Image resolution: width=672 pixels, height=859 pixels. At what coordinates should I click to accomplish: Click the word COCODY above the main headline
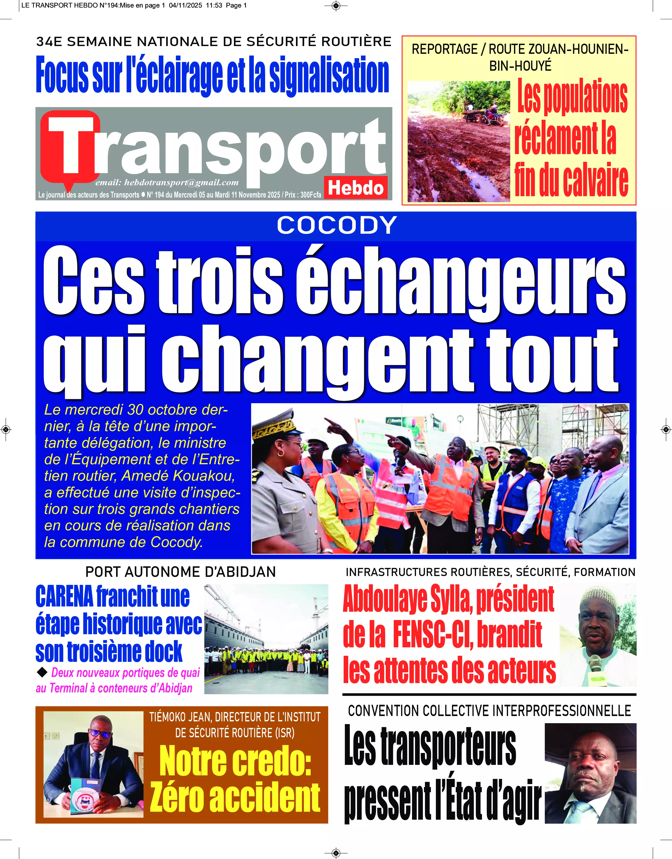[336, 225]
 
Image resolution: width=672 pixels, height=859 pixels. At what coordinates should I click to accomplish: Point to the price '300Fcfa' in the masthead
[311, 195]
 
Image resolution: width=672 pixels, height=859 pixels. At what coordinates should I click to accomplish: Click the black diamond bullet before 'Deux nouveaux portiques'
[42, 673]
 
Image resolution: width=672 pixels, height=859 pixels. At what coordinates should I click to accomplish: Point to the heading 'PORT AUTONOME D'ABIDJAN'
[181, 572]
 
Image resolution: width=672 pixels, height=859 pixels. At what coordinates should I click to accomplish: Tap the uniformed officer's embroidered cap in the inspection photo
[274, 425]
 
